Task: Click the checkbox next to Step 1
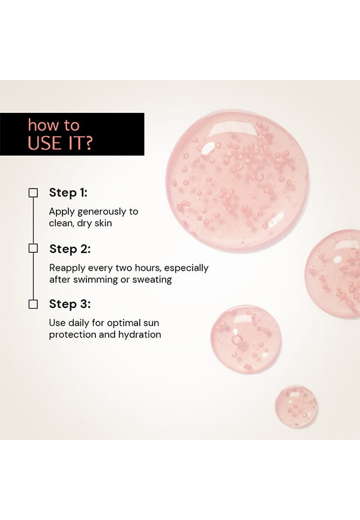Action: click(33, 193)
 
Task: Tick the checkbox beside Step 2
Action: click(33, 248)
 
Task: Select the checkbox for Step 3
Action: click(33, 304)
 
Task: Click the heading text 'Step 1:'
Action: click(68, 193)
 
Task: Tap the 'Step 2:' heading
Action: click(70, 249)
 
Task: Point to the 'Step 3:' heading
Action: click(70, 304)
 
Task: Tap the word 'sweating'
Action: click(152, 280)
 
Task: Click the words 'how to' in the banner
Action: click(54, 125)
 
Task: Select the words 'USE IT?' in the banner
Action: click(60, 144)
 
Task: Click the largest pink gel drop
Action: click(238, 181)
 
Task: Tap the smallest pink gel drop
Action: click(296, 406)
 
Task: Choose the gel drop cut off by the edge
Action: click(333, 274)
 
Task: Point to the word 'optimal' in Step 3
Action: click(124, 323)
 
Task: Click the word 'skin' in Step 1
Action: click(103, 223)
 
